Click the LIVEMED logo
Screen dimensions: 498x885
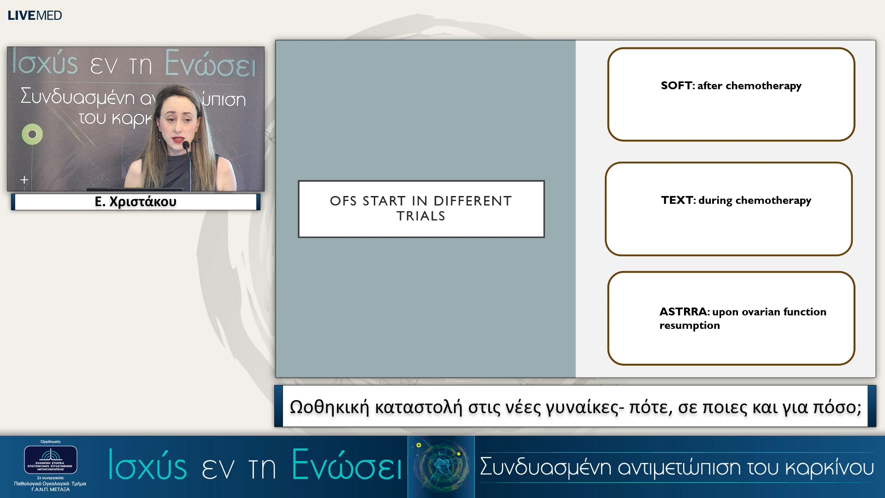tap(35, 15)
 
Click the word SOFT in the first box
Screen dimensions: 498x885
tap(676, 86)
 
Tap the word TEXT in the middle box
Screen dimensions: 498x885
tap(677, 200)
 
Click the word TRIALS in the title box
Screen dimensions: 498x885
tap(421, 216)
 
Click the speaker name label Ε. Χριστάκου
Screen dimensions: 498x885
tap(136, 202)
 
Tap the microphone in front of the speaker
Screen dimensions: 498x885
tap(186, 147)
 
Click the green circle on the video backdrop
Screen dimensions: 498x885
tap(32, 134)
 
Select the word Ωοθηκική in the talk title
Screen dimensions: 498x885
tap(330, 407)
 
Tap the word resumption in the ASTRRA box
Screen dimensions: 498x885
tap(689, 326)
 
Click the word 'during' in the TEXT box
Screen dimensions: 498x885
tap(715, 200)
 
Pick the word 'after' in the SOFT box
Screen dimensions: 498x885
tap(710, 86)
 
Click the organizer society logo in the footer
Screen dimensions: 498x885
tap(50, 459)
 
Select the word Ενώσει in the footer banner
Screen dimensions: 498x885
tap(347, 466)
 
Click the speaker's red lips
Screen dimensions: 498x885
tap(177, 138)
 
